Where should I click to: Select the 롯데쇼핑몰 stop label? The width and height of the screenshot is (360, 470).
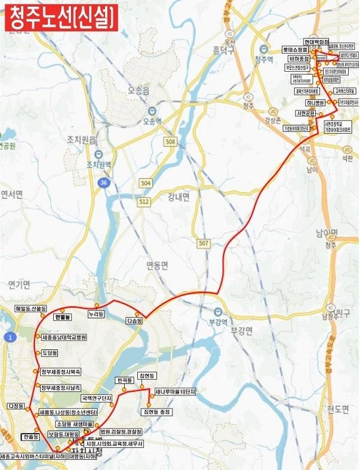pos(296,51)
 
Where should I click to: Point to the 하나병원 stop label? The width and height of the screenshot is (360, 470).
pos(313,103)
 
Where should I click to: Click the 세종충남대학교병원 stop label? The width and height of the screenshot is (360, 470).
pos(64,337)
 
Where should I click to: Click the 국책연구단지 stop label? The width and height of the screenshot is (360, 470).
pos(97,397)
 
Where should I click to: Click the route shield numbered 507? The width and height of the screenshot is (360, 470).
pos(204,242)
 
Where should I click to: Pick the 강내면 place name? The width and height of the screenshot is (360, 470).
pos(178,198)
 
